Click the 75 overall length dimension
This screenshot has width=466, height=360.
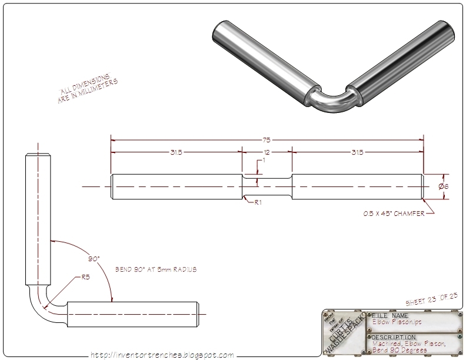[x=267, y=140]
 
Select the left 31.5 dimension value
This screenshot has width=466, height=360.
[x=177, y=152]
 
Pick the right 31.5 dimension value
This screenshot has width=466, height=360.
[x=357, y=152]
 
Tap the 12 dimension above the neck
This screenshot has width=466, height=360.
[x=267, y=152]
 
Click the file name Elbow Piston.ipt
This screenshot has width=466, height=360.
[x=395, y=322]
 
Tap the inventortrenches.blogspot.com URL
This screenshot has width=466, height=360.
[x=162, y=355]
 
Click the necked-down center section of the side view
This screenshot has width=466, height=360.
[x=267, y=186]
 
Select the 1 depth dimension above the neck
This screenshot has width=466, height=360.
[x=264, y=161]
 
